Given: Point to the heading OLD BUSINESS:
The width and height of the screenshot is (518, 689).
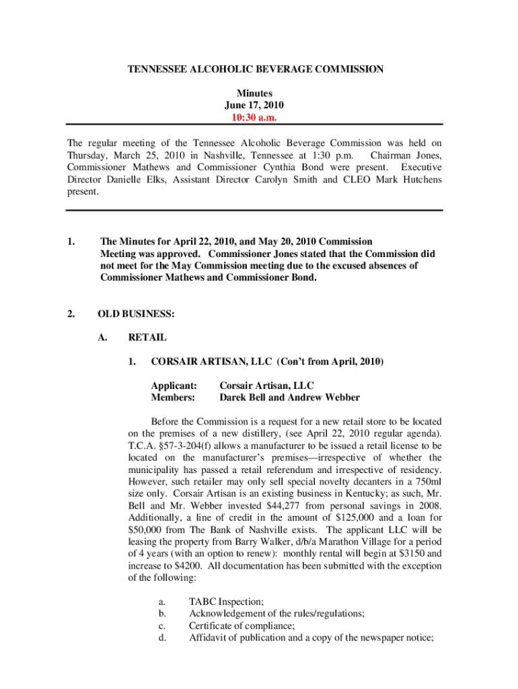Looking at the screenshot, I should (x=136, y=314).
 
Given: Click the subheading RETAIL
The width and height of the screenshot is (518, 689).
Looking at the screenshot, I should (x=147, y=338).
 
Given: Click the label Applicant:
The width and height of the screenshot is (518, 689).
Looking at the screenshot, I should (x=174, y=386).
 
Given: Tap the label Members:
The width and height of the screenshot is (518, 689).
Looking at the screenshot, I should (x=173, y=398).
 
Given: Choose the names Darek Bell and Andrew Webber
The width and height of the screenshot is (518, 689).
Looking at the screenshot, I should (x=289, y=398).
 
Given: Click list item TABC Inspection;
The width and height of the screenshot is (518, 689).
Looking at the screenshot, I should (x=226, y=602).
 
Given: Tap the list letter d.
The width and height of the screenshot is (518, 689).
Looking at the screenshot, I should (x=162, y=637).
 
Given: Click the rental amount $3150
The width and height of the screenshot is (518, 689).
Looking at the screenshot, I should (x=406, y=553).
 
